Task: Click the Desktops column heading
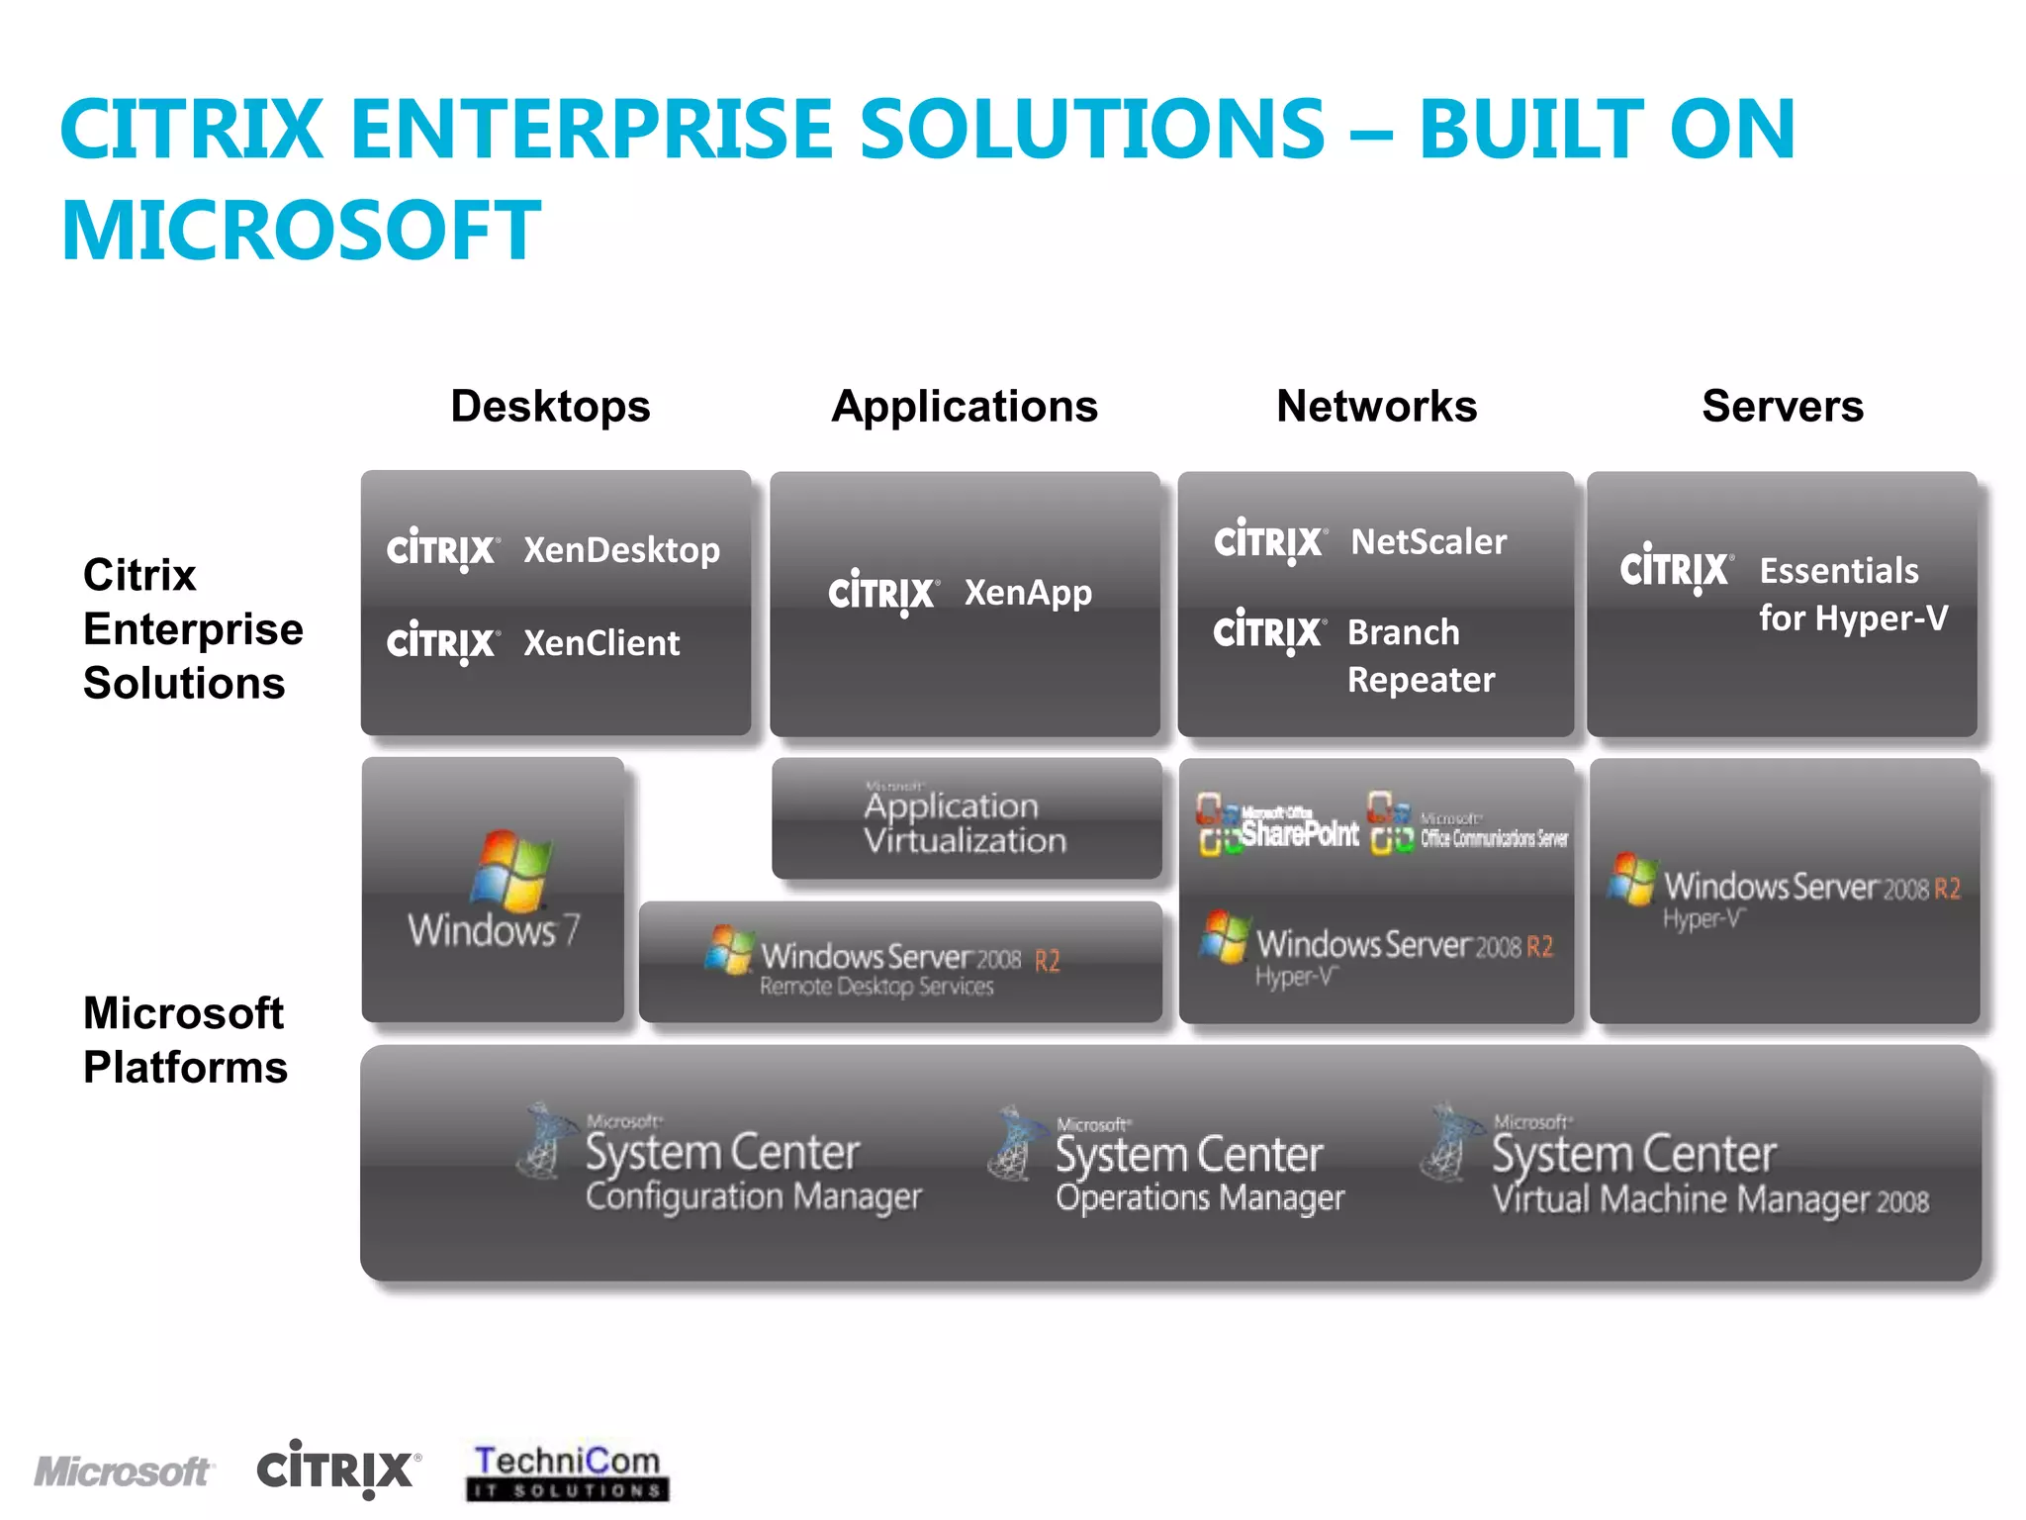tap(550, 407)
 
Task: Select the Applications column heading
tap(965, 407)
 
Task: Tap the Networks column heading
tap(1376, 407)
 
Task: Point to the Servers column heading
tap(1783, 407)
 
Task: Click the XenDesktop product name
tap(621, 550)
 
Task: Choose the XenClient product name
tap(601, 643)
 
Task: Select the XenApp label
tap(1028, 593)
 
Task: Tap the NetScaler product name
tap(1428, 541)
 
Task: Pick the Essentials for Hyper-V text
tap(1852, 594)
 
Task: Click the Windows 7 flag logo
tap(511, 870)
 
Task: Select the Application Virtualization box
tap(966, 821)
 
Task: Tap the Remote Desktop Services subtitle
tap(875, 987)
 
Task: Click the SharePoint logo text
tap(1299, 834)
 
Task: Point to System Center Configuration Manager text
tap(752, 1173)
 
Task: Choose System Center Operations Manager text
tap(1199, 1175)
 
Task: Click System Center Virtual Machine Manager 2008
tap(1708, 1175)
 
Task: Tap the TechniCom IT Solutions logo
tap(567, 1472)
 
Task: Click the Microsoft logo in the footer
tap(123, 1472)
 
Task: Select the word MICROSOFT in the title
tap(301, 230)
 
